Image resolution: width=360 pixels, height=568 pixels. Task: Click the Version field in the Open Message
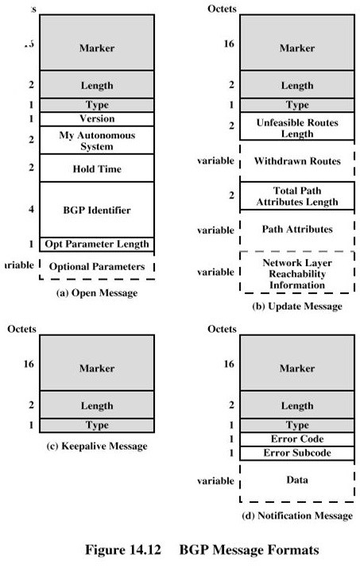(97, 118)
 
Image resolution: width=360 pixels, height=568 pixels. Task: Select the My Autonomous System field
(97, 140)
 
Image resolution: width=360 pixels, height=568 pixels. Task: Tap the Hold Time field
(97, 168)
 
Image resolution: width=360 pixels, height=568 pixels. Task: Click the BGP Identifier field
(97, 210)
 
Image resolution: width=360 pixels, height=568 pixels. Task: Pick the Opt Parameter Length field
(97, 244)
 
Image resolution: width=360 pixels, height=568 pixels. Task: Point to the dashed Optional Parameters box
(97, 266)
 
